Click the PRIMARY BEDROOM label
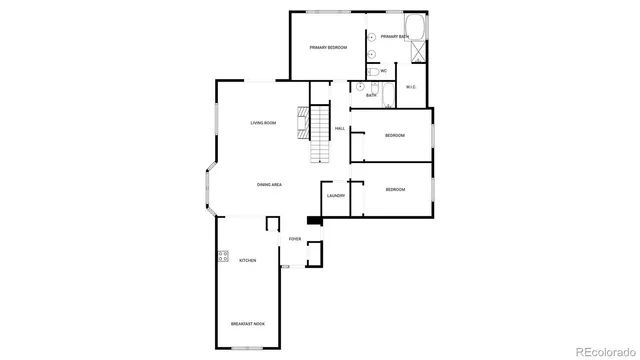(x=326, y=48)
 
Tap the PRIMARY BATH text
(x=394, y=37)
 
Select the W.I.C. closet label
(x=411, y=88)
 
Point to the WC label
(x=383, y=71)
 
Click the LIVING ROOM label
(x=263, y=123)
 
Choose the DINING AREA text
(x=269, y=185)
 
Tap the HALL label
(x=340, y=129)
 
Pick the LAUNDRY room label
(x=335, y=196)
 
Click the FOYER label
(x=295, y=239)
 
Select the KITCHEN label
(x=247, y=261)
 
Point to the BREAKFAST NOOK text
(x=247, y=324)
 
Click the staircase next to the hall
(x=319, y=134)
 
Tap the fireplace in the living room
(x=299, y=122)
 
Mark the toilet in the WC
(x=371, y=71)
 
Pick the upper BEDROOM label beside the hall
(x=395, y=135)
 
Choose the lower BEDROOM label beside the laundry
(x=395, y=189)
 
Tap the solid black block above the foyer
(x=313, y=222)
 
